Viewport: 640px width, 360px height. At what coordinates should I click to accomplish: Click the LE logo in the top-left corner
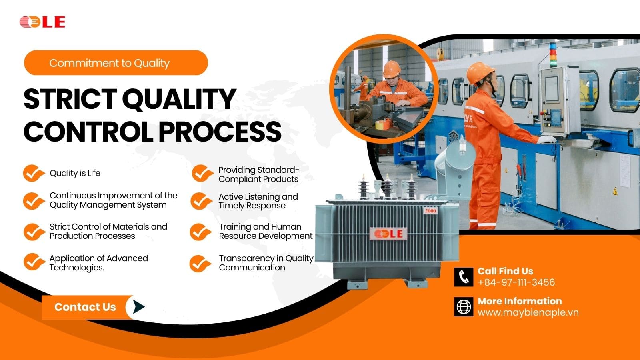click(x=42, y=22)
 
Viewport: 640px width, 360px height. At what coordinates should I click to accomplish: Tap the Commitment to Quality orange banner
click(x=116, y=62)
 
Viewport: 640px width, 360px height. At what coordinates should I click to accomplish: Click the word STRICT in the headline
click(x=70, y=99)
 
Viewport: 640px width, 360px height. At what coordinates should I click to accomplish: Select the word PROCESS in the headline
click(x=220, y=132)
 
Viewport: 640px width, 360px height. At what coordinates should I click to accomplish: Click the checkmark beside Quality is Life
click(x=34, y=173)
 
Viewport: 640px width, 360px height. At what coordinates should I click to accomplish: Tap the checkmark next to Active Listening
click(x=201, y=201)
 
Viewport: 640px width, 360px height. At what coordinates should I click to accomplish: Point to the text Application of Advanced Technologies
click(x=98, y=262)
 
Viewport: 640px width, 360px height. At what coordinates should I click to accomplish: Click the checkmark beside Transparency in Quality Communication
click(x=200, y=264)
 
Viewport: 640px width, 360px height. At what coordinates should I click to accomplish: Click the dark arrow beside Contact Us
click(x=138, y=307)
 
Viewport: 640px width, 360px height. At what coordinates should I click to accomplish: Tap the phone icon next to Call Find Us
click(x=464, y=277)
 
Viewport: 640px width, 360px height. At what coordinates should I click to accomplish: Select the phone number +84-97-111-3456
click(x=516, y=282)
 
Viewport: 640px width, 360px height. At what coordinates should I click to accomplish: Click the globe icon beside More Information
click(x=464, y=307)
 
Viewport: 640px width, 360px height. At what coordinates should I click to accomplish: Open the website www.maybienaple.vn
click(x=528, y=312)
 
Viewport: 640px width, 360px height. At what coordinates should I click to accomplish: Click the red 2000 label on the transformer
click(x=430, y=211)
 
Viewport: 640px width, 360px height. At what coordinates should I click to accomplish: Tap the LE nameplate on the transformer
click(x=388, y=234)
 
